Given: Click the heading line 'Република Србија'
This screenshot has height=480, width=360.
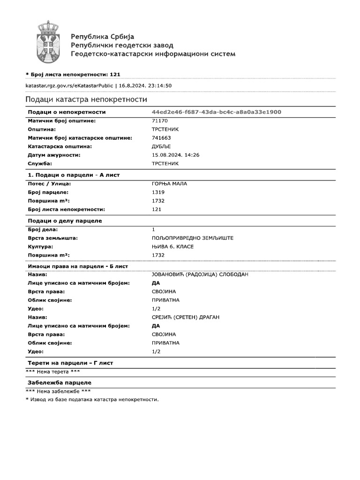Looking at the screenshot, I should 102,37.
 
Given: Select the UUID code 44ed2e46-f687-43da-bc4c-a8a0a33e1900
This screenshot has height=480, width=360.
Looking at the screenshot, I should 217,112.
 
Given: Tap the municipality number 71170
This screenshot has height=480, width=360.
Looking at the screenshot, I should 160,120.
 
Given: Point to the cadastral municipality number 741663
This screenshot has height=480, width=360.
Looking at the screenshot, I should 161,138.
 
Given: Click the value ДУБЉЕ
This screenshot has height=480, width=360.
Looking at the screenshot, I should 162,146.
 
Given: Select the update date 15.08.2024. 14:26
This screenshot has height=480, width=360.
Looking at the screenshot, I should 176,155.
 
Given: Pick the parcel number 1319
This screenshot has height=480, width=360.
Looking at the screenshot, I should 158,192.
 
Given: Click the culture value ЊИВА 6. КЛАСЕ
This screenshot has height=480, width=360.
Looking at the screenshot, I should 172,247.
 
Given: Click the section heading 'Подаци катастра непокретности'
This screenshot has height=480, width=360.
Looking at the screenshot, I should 86,99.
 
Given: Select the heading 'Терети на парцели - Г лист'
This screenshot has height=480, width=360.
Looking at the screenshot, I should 70,363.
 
